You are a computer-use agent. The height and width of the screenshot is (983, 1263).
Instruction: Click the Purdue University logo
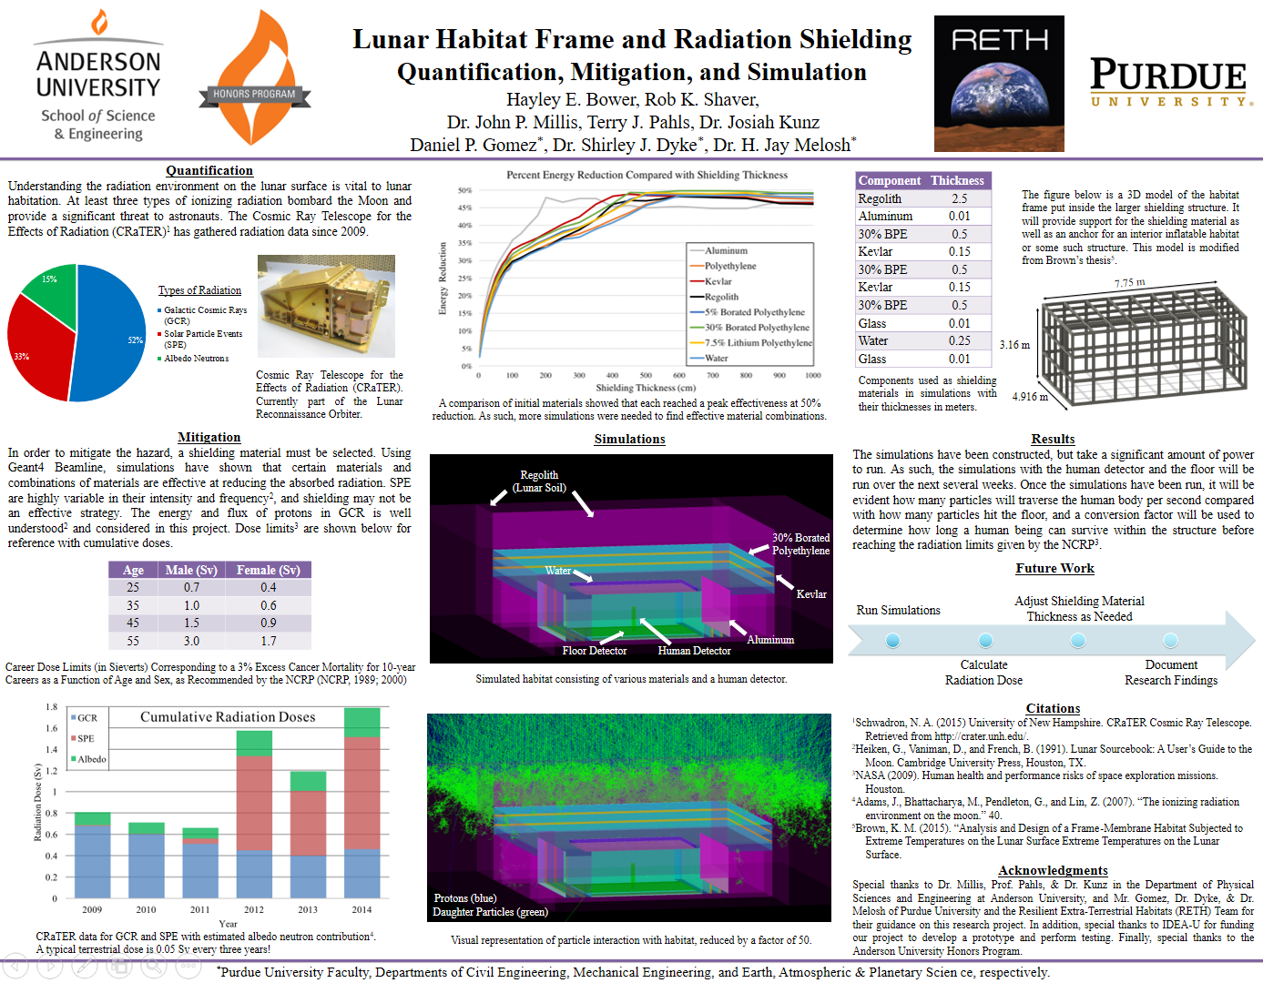click(1168, 82)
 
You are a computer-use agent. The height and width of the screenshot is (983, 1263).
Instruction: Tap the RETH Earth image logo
click(999, 83)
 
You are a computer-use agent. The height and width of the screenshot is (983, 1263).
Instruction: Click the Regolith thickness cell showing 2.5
click(959, 198)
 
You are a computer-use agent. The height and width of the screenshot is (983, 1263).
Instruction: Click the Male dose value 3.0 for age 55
click(191, 641)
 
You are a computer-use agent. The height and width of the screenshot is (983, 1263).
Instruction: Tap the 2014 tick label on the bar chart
click(362, 909)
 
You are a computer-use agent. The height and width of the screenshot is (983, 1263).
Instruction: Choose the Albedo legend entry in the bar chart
click(91, 759)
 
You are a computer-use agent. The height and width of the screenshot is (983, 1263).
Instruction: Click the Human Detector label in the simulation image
click(694, 651)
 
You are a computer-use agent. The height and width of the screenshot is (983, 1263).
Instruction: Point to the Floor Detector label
click(594, 651)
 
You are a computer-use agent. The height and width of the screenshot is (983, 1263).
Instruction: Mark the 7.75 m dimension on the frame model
click(1129, 283)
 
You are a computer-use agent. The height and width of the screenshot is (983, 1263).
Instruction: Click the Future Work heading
click(1054, 568)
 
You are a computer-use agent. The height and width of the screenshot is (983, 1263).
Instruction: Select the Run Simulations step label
click(898, 610)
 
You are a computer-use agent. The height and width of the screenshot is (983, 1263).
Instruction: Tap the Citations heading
click(1053, 708)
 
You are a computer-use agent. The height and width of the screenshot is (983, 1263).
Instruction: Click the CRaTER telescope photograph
click(326, 306)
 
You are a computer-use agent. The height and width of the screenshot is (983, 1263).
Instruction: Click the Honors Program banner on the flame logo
click(254, 94)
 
